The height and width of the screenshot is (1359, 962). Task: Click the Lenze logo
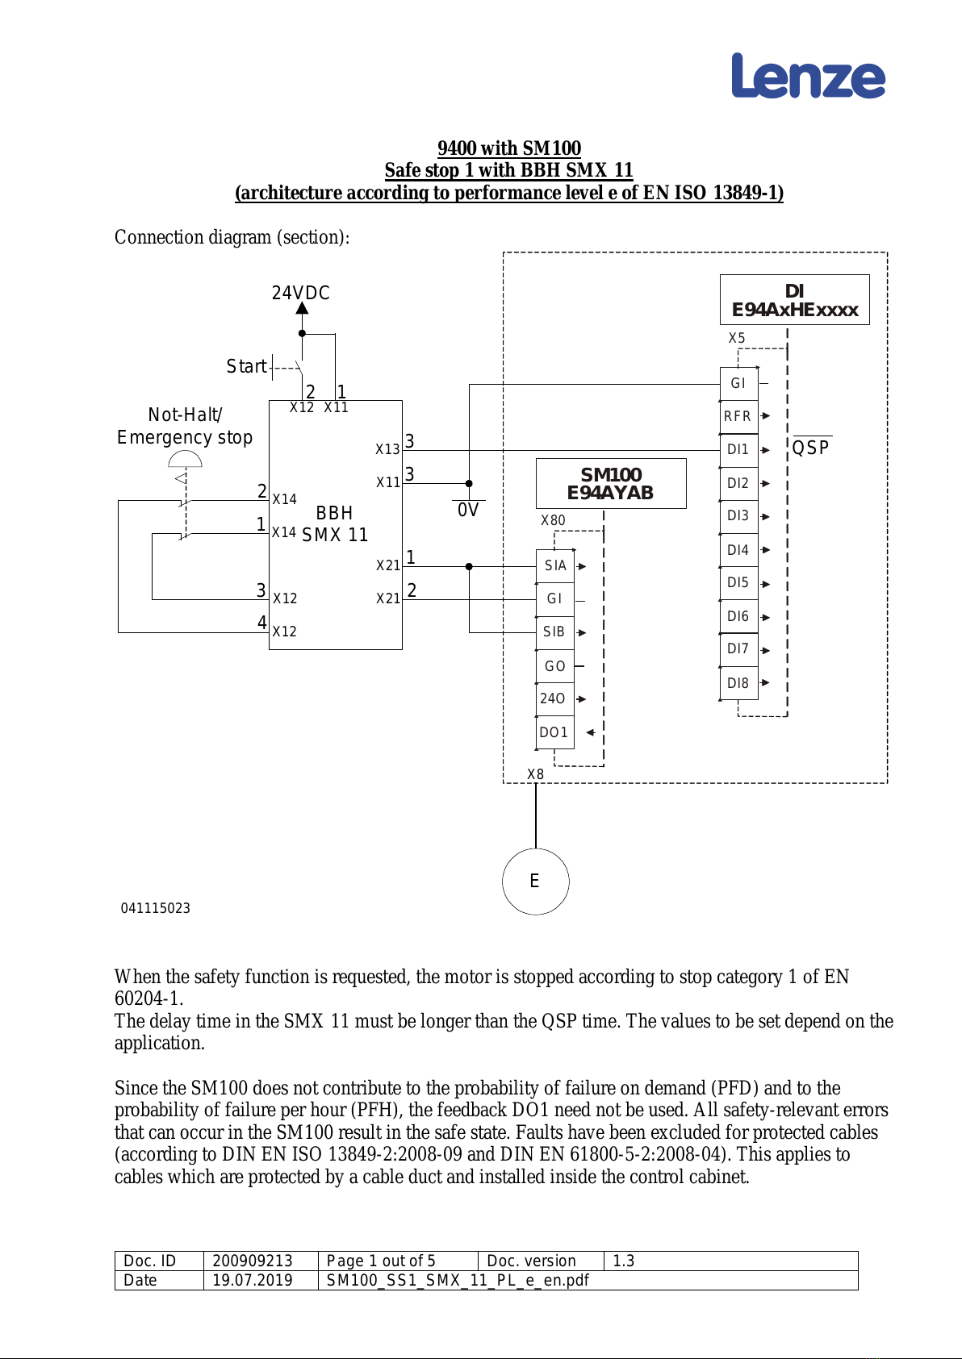tap(808, 76)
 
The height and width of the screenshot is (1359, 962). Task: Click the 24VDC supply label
tap(300, 293)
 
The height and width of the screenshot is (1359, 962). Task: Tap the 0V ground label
tap(468, 510)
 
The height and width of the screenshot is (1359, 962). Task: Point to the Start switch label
tap(246, 366)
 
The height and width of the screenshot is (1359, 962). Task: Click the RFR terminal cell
tap(738, 417)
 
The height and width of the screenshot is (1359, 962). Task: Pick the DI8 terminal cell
tap(738, 683)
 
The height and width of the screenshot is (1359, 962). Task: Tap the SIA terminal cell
tap(554, 566)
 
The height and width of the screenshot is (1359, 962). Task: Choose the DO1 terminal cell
tap(554, 732)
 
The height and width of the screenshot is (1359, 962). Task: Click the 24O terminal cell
tap(554, 699)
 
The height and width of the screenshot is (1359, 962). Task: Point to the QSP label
tap(811, 448)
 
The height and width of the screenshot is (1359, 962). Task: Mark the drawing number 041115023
tap(156, 908)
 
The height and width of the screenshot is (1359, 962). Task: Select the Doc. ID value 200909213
tap(253, 1261)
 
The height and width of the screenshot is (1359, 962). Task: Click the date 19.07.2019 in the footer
tap(253, 1280)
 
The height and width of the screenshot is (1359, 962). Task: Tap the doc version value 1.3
tap(623, 1261)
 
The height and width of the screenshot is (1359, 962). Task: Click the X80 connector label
tap(553, 520)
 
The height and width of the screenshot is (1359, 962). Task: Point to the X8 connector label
tap(535, 774)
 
